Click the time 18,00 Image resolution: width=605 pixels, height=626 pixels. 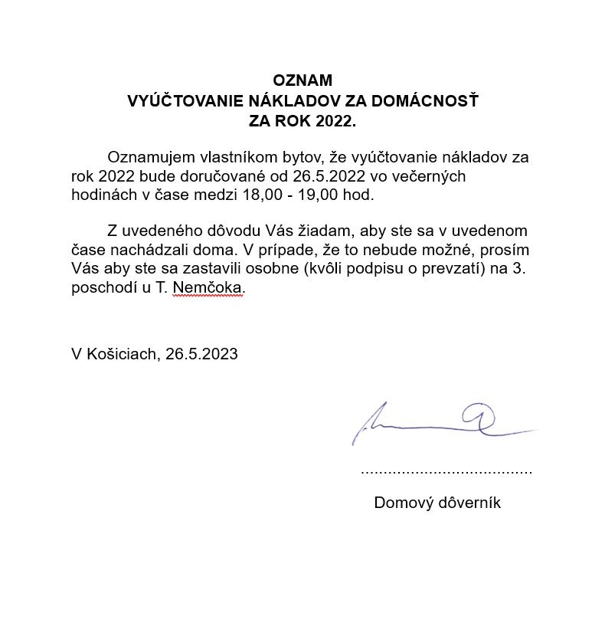(261, 195)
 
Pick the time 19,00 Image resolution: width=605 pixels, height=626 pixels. (319, 195)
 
